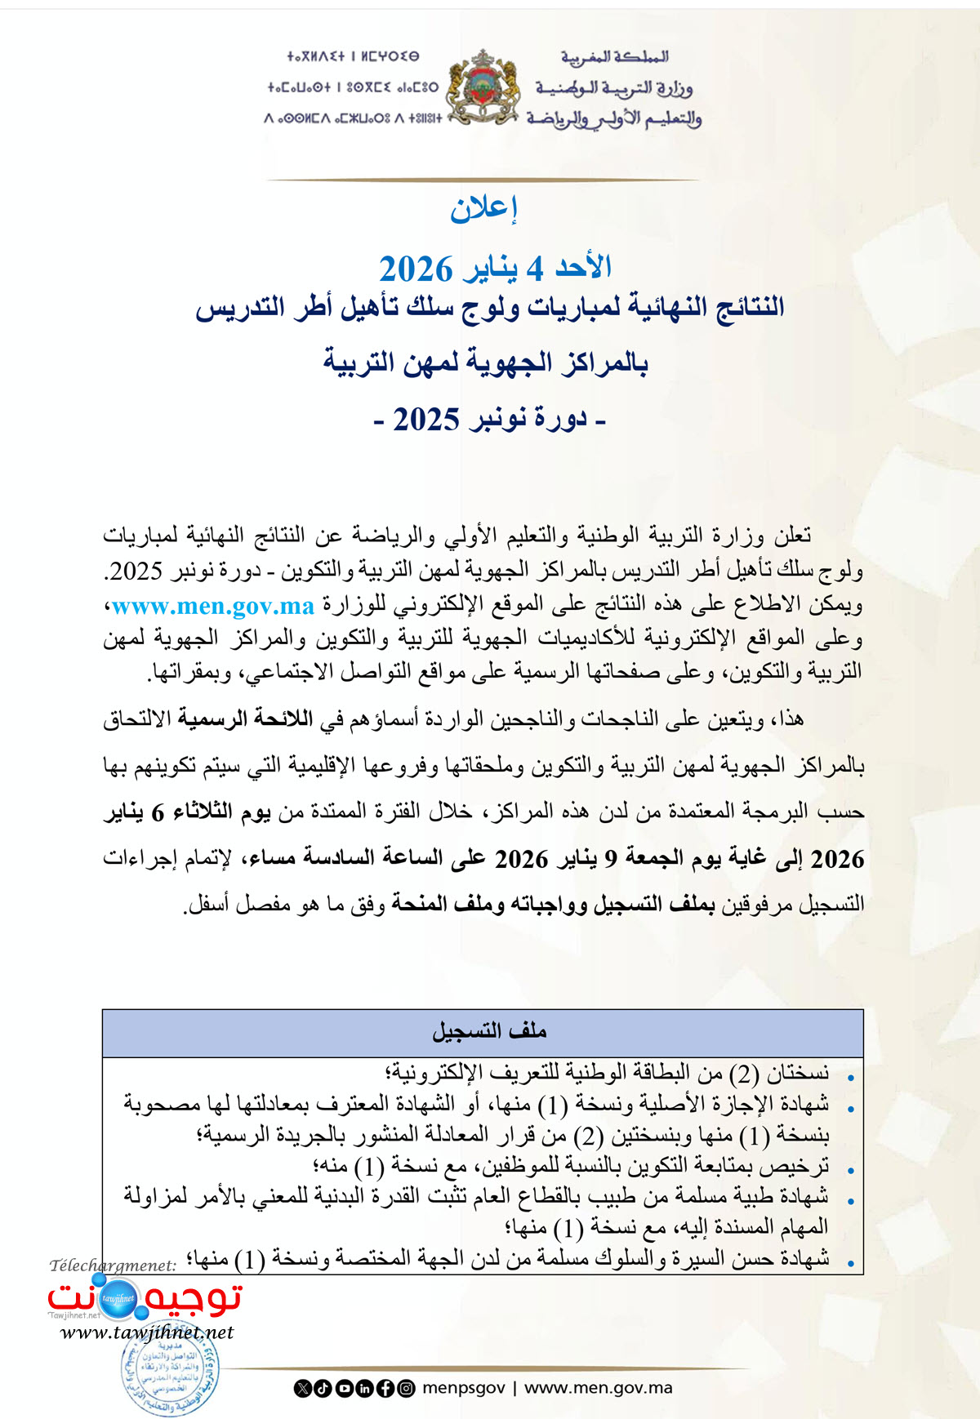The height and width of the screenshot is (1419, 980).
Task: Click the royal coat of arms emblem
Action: [x=483, y=87]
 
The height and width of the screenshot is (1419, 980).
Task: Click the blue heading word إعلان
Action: [x=483, y=209]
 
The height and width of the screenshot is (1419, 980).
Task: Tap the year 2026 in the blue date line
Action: [x=416, y=269]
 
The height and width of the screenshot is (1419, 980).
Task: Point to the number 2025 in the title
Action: [x=426, y=420]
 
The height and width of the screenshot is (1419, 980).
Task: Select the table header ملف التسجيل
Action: [x=488, y=1031]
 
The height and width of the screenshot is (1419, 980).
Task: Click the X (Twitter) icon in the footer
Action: [x=303, y=1388]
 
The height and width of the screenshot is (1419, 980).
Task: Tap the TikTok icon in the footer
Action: [x=323, y=1388]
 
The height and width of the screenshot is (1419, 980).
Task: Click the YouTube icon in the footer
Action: [x=344, y=1388]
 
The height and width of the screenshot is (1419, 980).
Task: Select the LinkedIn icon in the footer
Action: [x=364, y=1388]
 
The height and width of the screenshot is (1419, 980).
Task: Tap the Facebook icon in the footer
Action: [x=385, y=1388]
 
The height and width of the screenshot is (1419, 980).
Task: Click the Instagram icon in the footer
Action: [x=406, y=1388]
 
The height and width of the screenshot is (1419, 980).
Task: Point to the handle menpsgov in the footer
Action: [x=463, y=1388]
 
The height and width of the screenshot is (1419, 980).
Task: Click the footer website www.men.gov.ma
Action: [x=598, y=1388]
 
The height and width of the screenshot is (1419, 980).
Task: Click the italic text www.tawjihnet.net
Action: [x=147, y=1332]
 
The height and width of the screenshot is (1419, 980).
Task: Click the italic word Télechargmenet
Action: [x=113, y=1266]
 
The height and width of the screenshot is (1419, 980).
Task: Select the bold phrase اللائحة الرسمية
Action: [x=245, y=718]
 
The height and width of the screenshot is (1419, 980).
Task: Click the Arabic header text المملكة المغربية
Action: [x=614, y=56]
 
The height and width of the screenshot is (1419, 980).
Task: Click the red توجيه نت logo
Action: [x=145, y=1297]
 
